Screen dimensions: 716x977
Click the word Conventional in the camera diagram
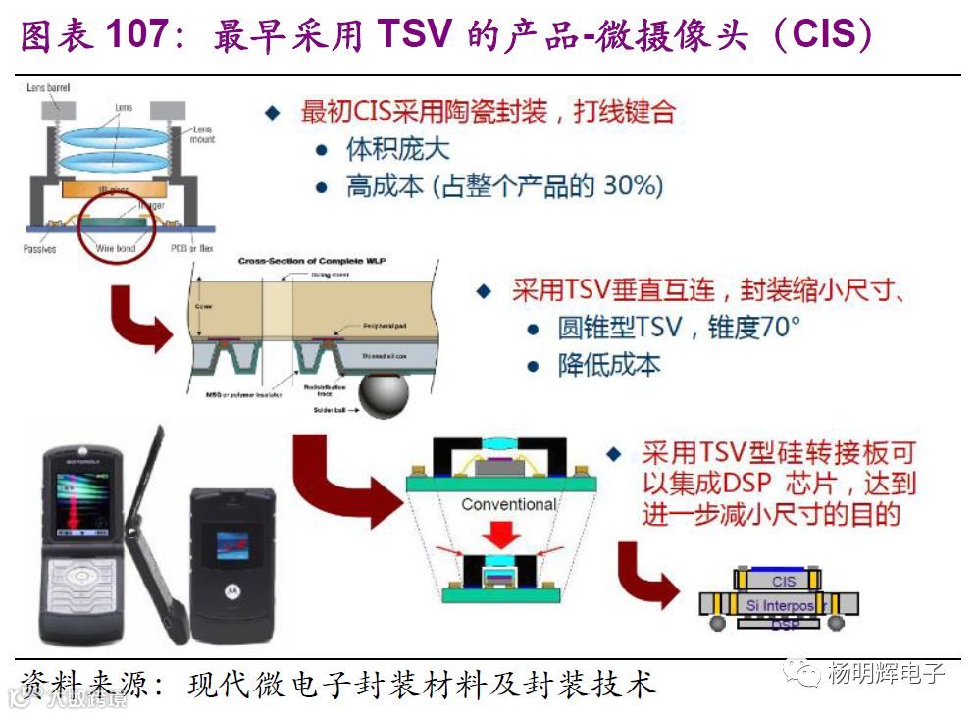[x=508, y=504]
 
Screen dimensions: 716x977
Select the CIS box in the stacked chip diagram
[x=784, y=582]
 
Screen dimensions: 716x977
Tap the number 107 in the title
[x=135, y=37]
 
